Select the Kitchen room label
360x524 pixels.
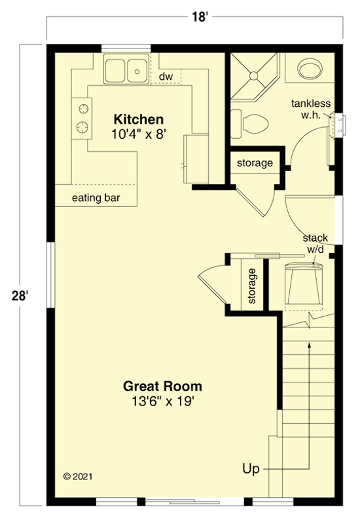[138, 120]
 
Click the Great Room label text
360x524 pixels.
[163, 386]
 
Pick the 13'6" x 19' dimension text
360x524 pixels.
[163, 401]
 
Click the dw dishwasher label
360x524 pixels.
[166, 77]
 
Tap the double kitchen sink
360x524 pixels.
[126, 69]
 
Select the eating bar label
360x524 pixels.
[96, 198]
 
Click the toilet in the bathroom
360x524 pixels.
[252, 122]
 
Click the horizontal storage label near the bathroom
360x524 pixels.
[255, 163]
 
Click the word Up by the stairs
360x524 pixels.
[251, 469]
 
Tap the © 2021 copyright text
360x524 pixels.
[77, 476]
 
